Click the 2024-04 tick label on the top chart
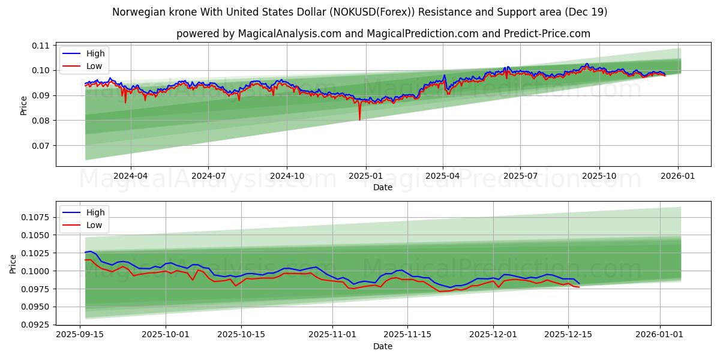(130, 176)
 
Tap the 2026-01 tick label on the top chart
(678, 176)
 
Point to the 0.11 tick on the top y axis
(41, 46)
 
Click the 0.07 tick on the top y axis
(41, 146)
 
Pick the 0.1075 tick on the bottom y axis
(36, 217)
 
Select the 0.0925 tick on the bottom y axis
(36, 325)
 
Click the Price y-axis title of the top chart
(23, 106)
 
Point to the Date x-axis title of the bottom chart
(382, 346)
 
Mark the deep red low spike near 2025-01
(360, 119)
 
